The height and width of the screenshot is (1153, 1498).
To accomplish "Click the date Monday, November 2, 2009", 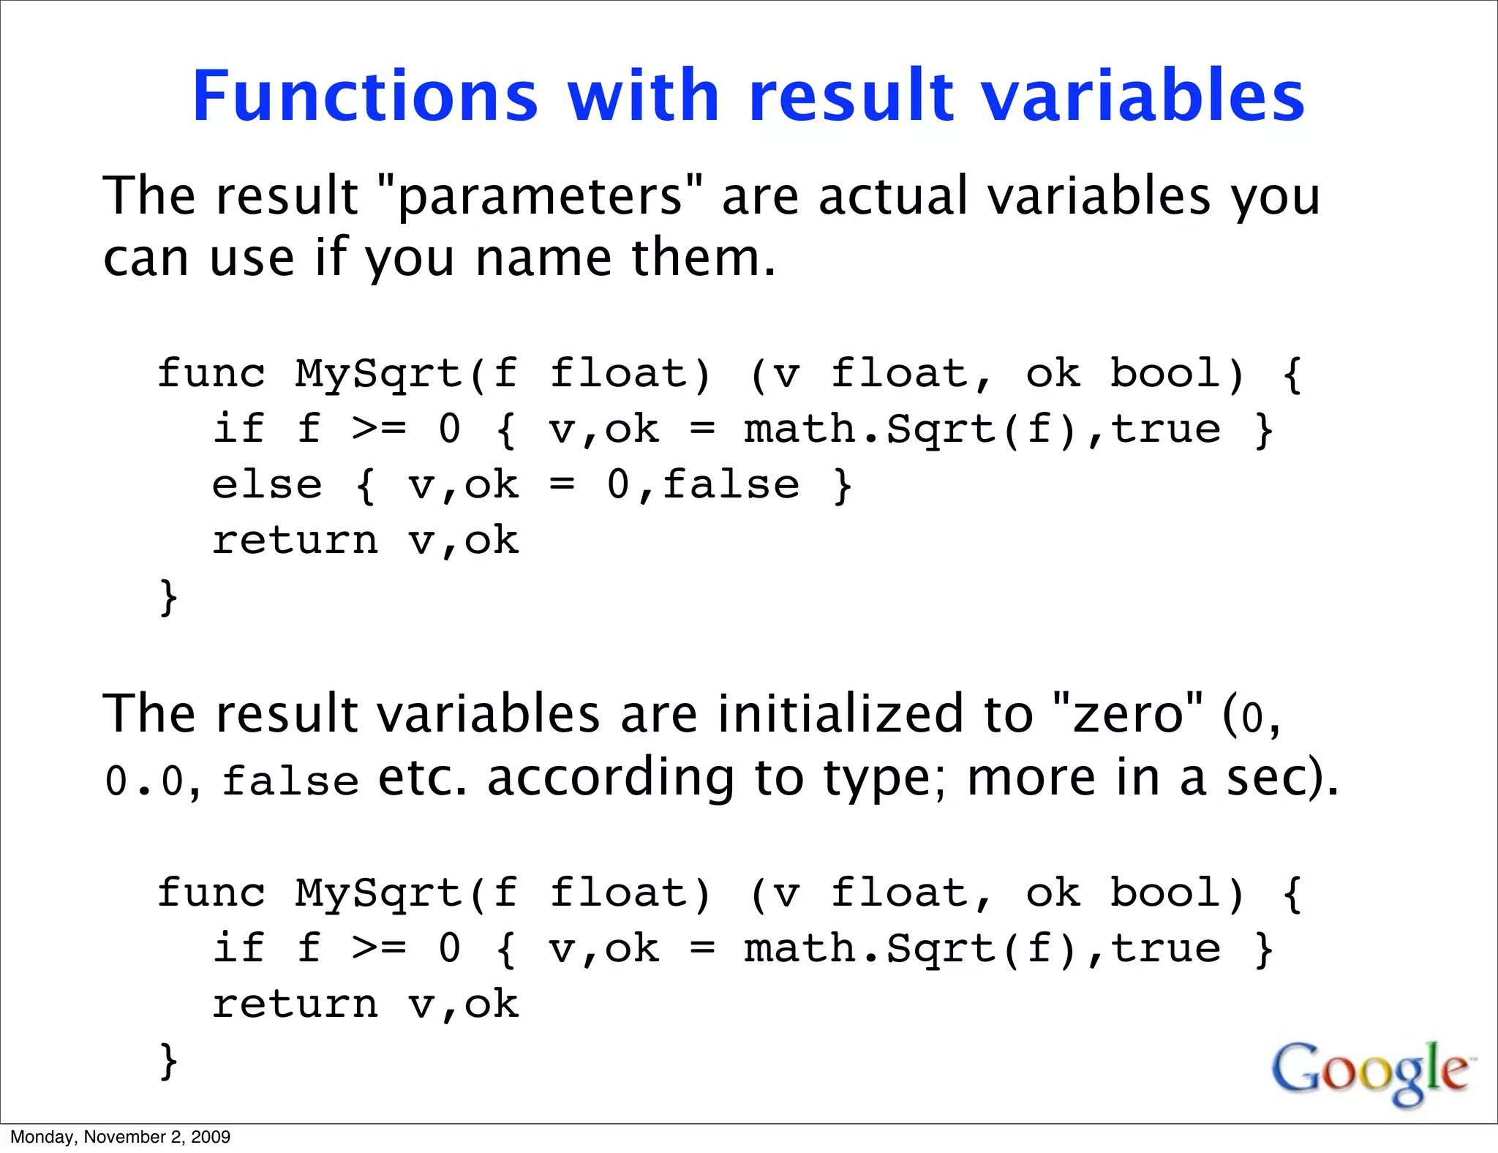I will pos(121,1137).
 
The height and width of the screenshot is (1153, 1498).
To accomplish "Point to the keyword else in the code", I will pos(266,486).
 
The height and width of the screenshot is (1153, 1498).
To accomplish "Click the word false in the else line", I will pos(731,486).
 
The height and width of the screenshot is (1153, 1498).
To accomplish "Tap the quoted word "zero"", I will pos(1127,714).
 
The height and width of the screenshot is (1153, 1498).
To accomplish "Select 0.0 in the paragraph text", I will pos(143,780).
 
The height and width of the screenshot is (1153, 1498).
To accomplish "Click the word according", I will pos(610,778).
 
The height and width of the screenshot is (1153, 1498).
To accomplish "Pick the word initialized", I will pos(840,714).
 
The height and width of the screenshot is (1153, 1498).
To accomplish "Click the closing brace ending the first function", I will pos(168,597).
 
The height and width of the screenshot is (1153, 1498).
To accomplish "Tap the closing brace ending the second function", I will pos(168,1061).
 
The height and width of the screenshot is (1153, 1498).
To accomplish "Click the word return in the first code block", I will pos(295,541).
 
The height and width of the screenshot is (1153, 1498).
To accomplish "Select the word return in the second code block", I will pos(295,1004).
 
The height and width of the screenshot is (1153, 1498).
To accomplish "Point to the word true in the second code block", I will pos(1166,949).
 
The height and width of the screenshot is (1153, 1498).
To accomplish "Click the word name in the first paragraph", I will pos(543,258).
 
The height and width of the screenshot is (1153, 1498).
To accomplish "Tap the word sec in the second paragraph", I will pos(1265,778).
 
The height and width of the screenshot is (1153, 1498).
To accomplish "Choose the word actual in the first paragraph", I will pos(893,196).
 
